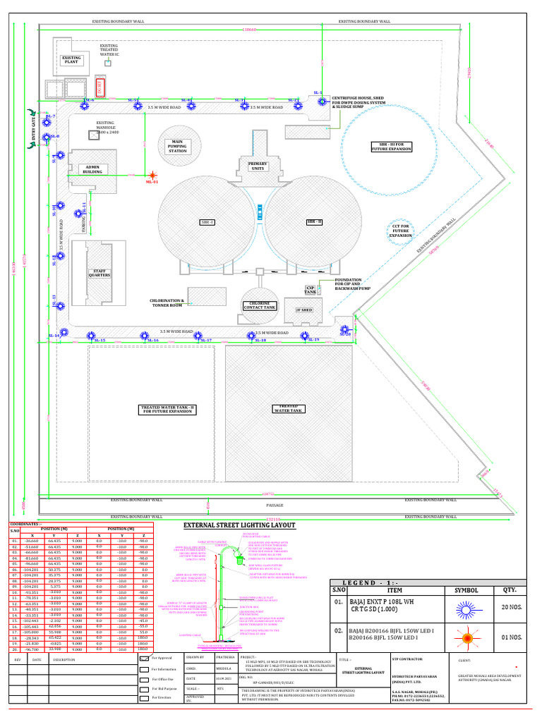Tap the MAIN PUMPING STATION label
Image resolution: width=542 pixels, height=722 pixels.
177,146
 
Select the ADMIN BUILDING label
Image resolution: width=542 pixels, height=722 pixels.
92,170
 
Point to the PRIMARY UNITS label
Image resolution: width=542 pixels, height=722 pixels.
258,166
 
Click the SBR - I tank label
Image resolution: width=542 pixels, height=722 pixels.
207,222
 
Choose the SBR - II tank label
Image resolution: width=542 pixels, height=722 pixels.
314,222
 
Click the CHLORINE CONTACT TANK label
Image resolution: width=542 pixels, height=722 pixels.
260,305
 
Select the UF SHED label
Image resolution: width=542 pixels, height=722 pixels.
304,310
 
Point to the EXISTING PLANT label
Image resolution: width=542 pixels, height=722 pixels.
71,60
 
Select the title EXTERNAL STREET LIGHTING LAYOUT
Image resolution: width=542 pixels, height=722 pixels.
239,525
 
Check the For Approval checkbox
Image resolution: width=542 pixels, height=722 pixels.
145,656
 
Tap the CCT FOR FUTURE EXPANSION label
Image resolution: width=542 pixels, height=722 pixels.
400,230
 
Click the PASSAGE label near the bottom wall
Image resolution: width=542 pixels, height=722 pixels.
275,505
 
